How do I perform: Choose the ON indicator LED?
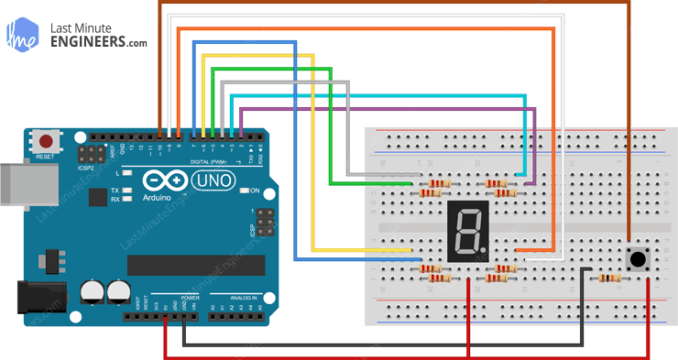244,191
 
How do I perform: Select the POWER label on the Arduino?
190,299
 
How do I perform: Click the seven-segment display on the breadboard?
467,228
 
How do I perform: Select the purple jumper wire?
385,109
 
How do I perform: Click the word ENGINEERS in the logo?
99,42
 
